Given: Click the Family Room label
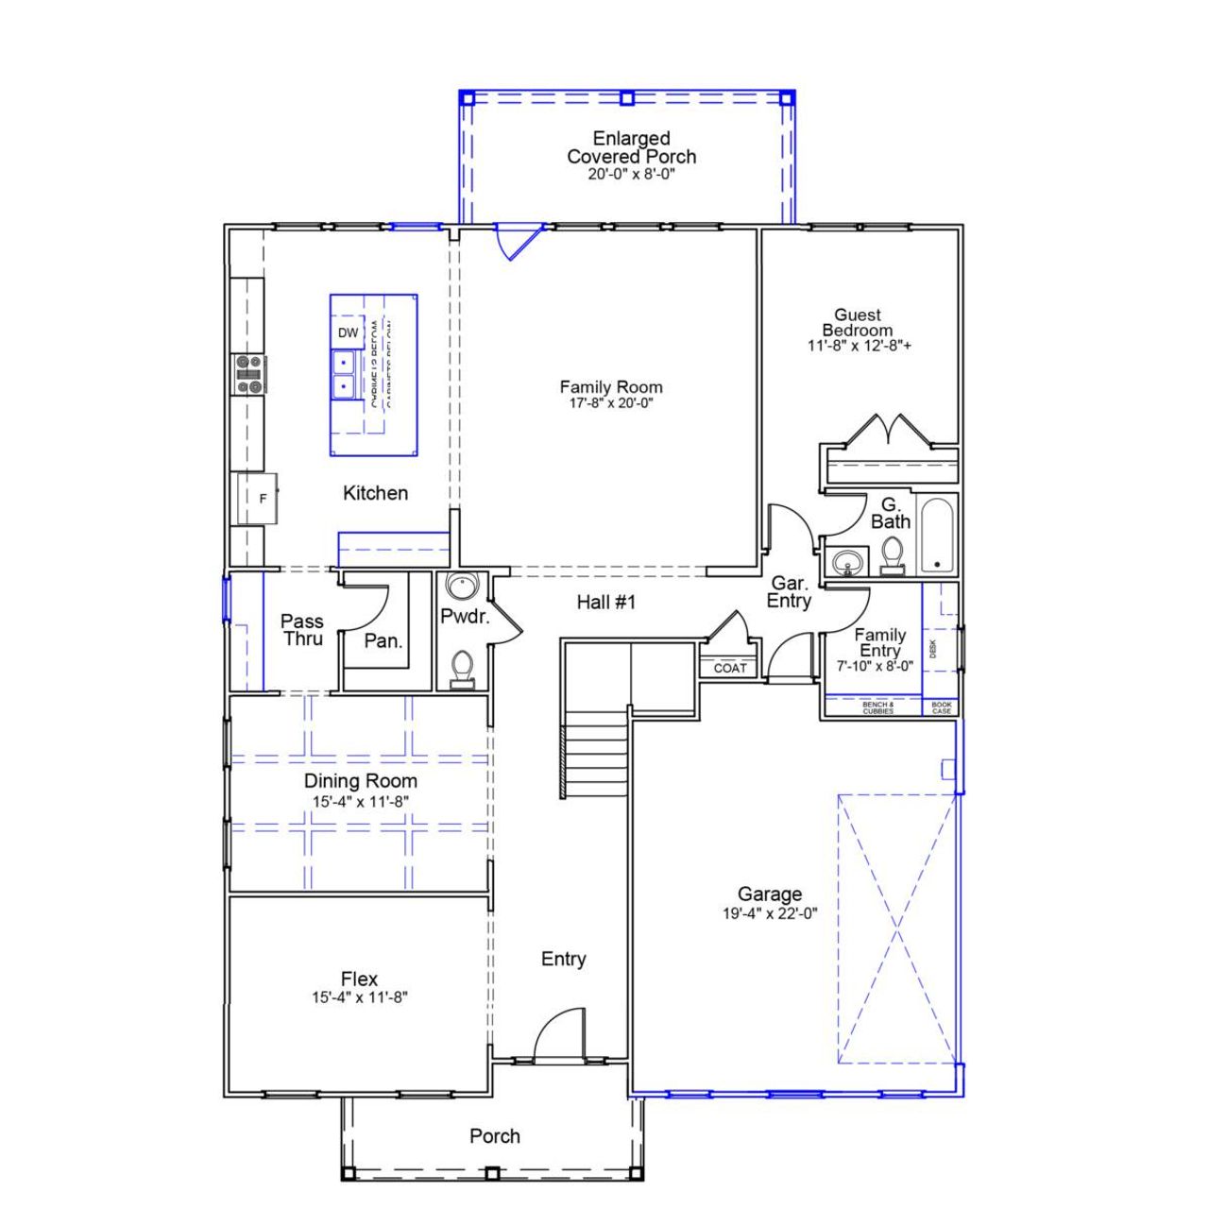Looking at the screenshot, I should [610, 387].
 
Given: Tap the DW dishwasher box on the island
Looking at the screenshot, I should [348, 332].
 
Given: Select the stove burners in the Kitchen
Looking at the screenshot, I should [249, 373].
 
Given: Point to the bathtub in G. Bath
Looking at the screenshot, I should [937, 535].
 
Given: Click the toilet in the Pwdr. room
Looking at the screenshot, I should [462, 668].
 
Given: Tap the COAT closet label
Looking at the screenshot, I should [730, 668].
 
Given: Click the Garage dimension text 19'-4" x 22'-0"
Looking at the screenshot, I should [770, 913].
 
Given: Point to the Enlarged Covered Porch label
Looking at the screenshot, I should [631, 148].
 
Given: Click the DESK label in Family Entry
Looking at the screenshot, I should [933, 649].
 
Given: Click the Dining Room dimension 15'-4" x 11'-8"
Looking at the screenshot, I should [360, 801].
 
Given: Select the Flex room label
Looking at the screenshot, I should [359, 979].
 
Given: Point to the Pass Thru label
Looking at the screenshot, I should [301, 630].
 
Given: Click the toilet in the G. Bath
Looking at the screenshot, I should [891, 554].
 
